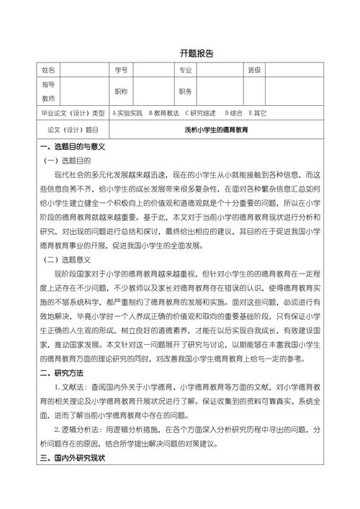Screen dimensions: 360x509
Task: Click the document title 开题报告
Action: (197, 53)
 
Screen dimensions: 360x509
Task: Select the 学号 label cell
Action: (120, 71)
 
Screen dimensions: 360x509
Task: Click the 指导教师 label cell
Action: (49, 91)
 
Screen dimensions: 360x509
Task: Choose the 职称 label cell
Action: (120, 91)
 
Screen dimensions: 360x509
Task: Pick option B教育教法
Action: (164, 113)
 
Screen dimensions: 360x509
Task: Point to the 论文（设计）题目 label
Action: (73, 130)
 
